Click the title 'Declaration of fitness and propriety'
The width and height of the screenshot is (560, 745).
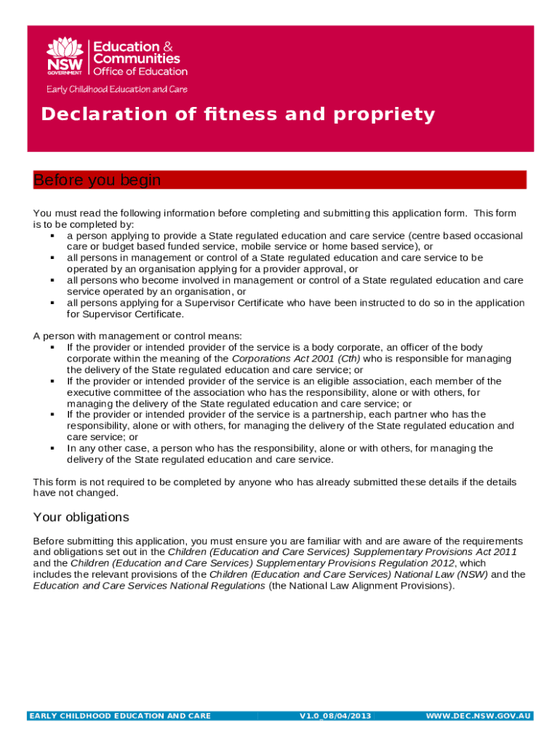pos(238,114)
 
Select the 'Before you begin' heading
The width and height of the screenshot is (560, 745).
pos(97,180)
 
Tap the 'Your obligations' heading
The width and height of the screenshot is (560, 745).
pos(81,517)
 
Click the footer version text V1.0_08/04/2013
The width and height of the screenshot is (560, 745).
pos(335,716)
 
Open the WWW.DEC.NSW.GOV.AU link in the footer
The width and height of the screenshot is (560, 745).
pos(479,716)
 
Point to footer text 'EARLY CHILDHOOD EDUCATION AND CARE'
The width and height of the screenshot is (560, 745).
pos(120,716)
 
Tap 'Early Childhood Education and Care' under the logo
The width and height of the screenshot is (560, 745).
pos(117,89)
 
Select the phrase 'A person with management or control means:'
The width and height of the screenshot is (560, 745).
pos(137,336)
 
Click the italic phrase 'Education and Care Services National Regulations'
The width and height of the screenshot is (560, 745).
pos(149,586)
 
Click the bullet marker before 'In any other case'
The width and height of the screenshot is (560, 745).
pos(53,448)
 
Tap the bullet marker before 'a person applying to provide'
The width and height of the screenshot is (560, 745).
pos(53,236)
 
